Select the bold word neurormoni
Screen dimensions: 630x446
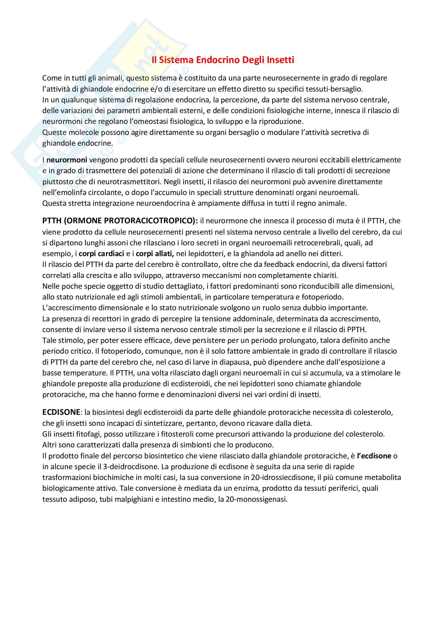(67, 160)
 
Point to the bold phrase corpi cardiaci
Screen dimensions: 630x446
(101, 253)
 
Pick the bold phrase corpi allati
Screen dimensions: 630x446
(155, 253)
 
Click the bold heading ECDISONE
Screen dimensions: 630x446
(61, 412)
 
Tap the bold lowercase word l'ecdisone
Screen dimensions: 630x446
(374, 456)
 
